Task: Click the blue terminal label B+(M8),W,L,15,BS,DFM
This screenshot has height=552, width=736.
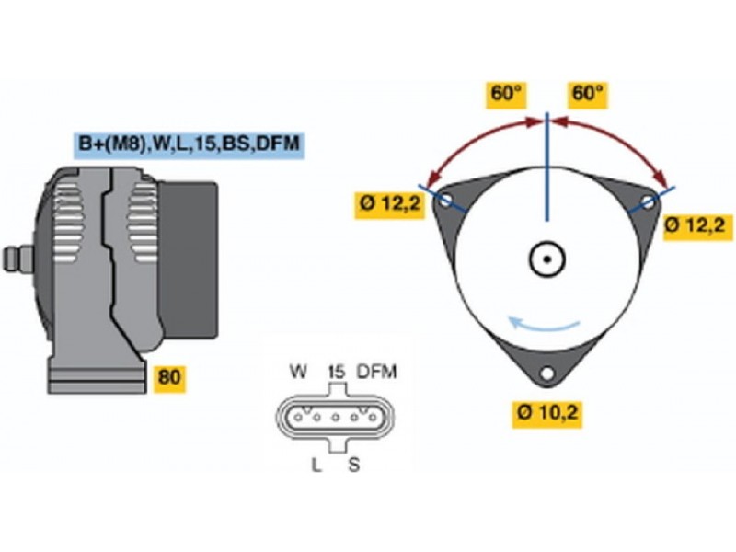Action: point(189,144)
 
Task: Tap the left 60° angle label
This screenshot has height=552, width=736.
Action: point(506,94)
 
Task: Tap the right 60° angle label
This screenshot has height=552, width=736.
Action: point(587,94)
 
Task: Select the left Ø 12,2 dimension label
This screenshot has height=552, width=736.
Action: point(389,204)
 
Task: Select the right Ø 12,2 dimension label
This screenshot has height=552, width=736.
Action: point(699,226)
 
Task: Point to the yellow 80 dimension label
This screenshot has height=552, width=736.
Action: point(169,377)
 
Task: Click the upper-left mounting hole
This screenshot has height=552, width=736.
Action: point(446,201)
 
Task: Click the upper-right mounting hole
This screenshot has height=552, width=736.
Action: point(649,202)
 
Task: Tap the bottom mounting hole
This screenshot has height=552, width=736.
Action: point(547,374)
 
